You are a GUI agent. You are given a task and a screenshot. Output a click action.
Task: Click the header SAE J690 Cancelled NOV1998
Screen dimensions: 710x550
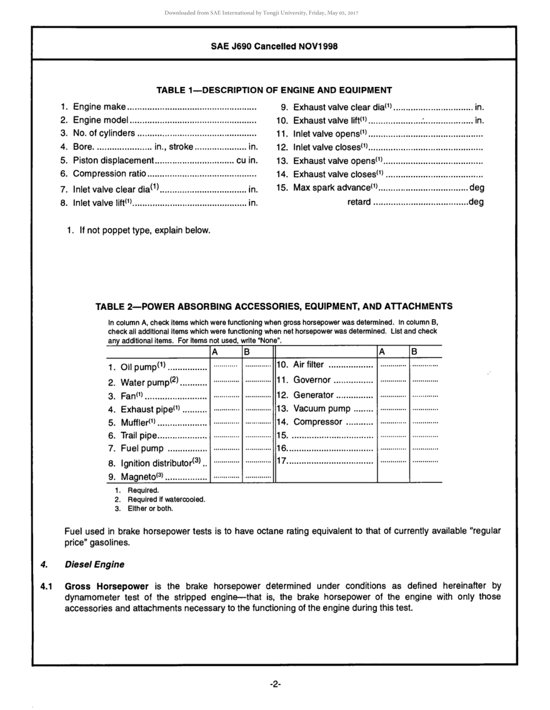click(x=274, y=46)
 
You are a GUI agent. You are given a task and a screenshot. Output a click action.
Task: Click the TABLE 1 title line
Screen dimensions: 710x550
click(x=274, y=90)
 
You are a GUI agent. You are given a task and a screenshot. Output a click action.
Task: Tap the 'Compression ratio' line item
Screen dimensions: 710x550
click(x=109, y=174)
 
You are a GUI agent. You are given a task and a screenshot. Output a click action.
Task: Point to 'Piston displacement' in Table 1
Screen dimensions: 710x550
click(x=113, y=160)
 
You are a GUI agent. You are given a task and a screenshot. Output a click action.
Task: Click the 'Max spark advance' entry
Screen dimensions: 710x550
click(x=335, y=188)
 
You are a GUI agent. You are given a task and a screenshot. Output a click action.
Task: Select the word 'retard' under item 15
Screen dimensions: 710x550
click(x=359, y=202)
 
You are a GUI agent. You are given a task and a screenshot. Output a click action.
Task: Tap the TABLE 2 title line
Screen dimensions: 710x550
click(x=274, y=307)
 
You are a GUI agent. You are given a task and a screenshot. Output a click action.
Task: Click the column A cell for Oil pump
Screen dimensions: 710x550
click(x=226, y=367)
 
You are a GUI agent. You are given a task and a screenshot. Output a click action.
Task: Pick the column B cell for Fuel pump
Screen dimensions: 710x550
click(x=258, y=449)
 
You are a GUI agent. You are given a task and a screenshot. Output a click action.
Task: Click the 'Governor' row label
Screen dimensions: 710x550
click(x=312, y=380)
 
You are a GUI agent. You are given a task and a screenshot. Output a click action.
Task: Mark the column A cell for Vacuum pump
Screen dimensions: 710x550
click(x=393, y=408)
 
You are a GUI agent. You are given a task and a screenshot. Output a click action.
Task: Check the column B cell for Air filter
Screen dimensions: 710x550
click(x=426, y=365)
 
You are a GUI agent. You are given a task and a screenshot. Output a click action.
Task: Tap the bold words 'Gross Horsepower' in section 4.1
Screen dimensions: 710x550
click(x=107, y=586)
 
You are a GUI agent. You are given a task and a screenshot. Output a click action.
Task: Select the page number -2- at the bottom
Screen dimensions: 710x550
click(x=275, y=685)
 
